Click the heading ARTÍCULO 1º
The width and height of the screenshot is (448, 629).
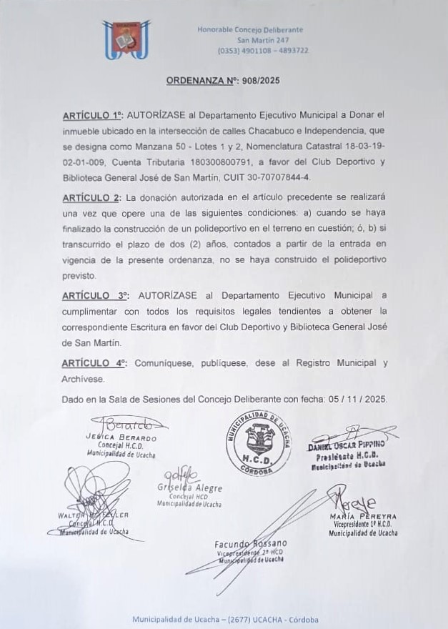click(x=94, y=114)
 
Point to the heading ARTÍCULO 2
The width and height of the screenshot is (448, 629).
click(x=92, y=197)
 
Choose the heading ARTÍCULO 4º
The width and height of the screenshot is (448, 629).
click(x=94, y=363)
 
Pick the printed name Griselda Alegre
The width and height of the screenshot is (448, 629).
click(x=190, y=488)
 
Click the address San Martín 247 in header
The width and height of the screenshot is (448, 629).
click(x=263, y=40)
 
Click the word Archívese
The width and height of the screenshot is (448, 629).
click(x=84, y=379)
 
